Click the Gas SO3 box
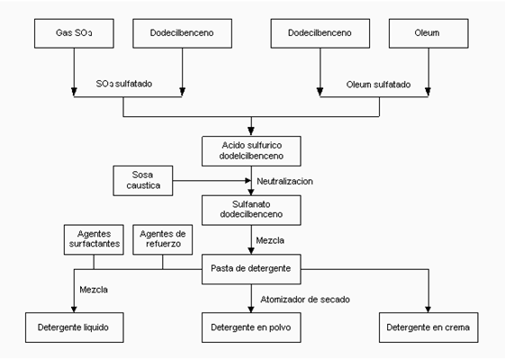click(x=74, y=33)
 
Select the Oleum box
click(x=428, y=33)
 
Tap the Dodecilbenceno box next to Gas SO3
click(x=183, y=33)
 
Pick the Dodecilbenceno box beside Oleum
click(x=320, y=33)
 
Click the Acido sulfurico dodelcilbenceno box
click(x=251, y=151)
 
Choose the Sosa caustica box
click(x=143, y=181)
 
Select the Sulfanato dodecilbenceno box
click(x=251, y=210)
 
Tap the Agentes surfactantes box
click(x=94, y=239)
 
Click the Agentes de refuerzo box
click(x=163, y=239)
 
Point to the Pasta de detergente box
click(x=251, y=269)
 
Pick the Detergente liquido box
click(x=75, y=328)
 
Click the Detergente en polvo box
click(x=251, y=328)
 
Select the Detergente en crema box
click(x=428, y=328)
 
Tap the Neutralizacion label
click(x=284, y=181)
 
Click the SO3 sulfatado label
click(x=124, y=84)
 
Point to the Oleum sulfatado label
click(x=378, y=85)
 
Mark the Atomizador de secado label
click(x=305, y=300)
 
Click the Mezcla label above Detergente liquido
click(x=94, y=290)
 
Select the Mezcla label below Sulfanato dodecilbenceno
click(x=270, y=240)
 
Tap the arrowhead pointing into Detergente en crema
click(x=428, y=310)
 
